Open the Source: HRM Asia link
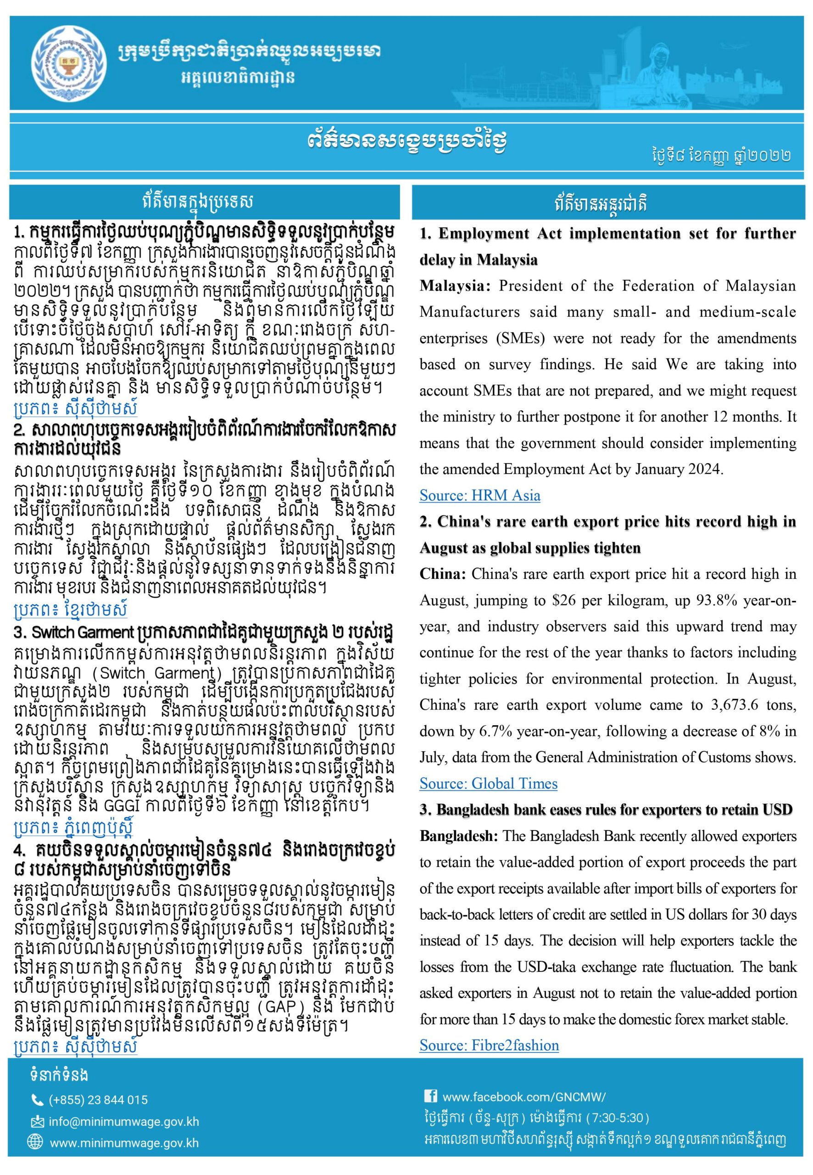click(479, 495)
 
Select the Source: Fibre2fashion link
click(489, 1045)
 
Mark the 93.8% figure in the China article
click(716, 601)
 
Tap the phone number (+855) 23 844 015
click(98, 1100)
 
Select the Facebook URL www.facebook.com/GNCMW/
click(523, 1097)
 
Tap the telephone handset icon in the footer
click(37, 1100)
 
